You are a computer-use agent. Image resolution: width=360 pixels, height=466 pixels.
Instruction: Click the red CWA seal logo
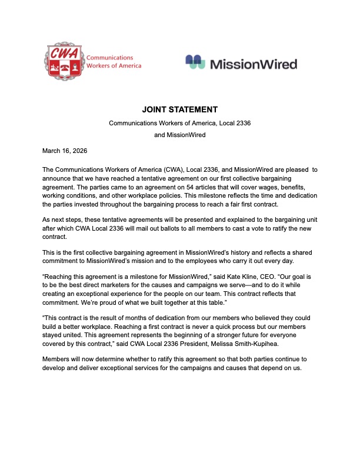pos(64,62)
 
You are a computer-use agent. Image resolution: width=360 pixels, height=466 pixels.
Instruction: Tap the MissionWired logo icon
pos(195,62)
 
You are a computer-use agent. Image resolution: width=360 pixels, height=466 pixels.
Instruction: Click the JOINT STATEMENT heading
pos(180,109)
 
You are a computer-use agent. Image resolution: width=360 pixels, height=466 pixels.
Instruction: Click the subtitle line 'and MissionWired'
pos(180,135)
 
